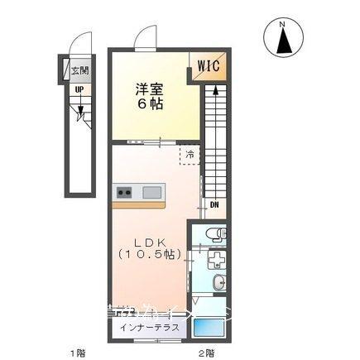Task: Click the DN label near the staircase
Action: (214, 205)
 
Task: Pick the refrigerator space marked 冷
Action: (190, 154)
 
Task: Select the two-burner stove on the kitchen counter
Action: (126, 193)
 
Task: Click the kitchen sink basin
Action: (152, 193)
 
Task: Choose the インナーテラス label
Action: (150, 329)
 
